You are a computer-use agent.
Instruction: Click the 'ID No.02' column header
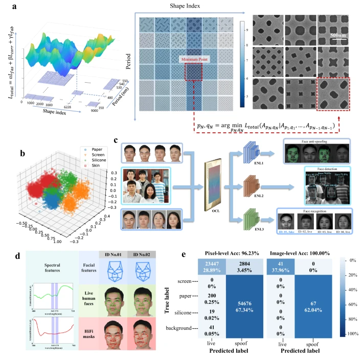point(141,254)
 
